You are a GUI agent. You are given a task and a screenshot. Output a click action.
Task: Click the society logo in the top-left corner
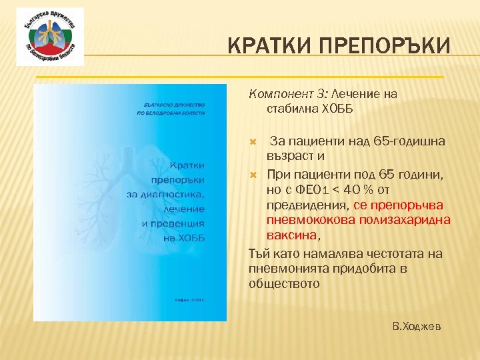coord(50,37)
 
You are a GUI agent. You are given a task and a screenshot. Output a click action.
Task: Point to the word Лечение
coord(345,94)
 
